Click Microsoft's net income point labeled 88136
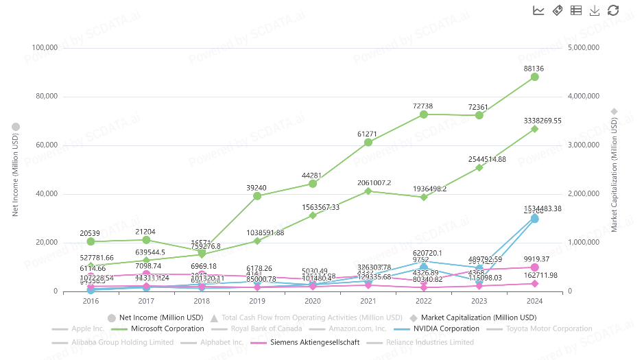535,77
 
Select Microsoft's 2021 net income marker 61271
368,142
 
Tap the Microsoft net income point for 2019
257,195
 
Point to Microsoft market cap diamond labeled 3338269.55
535,128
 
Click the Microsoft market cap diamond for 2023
479,167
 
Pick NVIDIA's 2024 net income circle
535,219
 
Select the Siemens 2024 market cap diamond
535,283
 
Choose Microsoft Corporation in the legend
167,328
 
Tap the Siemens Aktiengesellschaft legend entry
314,342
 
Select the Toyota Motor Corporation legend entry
548,328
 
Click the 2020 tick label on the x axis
313,300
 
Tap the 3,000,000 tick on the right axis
584,145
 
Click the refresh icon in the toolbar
613,10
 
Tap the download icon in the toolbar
595,10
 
